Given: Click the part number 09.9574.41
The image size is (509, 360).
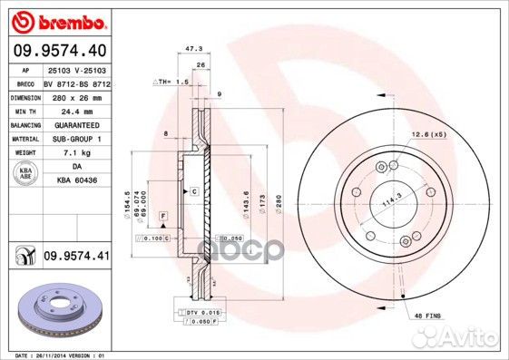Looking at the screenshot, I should [x=76, y=258].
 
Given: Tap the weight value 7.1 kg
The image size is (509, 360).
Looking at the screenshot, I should [x=77, y=153].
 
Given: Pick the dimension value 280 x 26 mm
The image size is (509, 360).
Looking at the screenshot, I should [x=77, y=95].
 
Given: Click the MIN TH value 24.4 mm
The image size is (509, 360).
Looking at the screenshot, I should [x=77, y=110].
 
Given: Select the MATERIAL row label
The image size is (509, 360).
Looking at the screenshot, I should [x=24, y=139].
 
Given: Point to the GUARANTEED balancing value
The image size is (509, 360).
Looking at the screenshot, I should [x=77, y=124].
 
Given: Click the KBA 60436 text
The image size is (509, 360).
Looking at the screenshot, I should [x=77, y=181].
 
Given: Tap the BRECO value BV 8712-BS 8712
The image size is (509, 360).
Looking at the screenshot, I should [x=77, y=82].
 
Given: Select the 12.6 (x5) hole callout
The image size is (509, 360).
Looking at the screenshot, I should [x=426, y=134].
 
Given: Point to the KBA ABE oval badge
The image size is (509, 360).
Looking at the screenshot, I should [x=24, y=174].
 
